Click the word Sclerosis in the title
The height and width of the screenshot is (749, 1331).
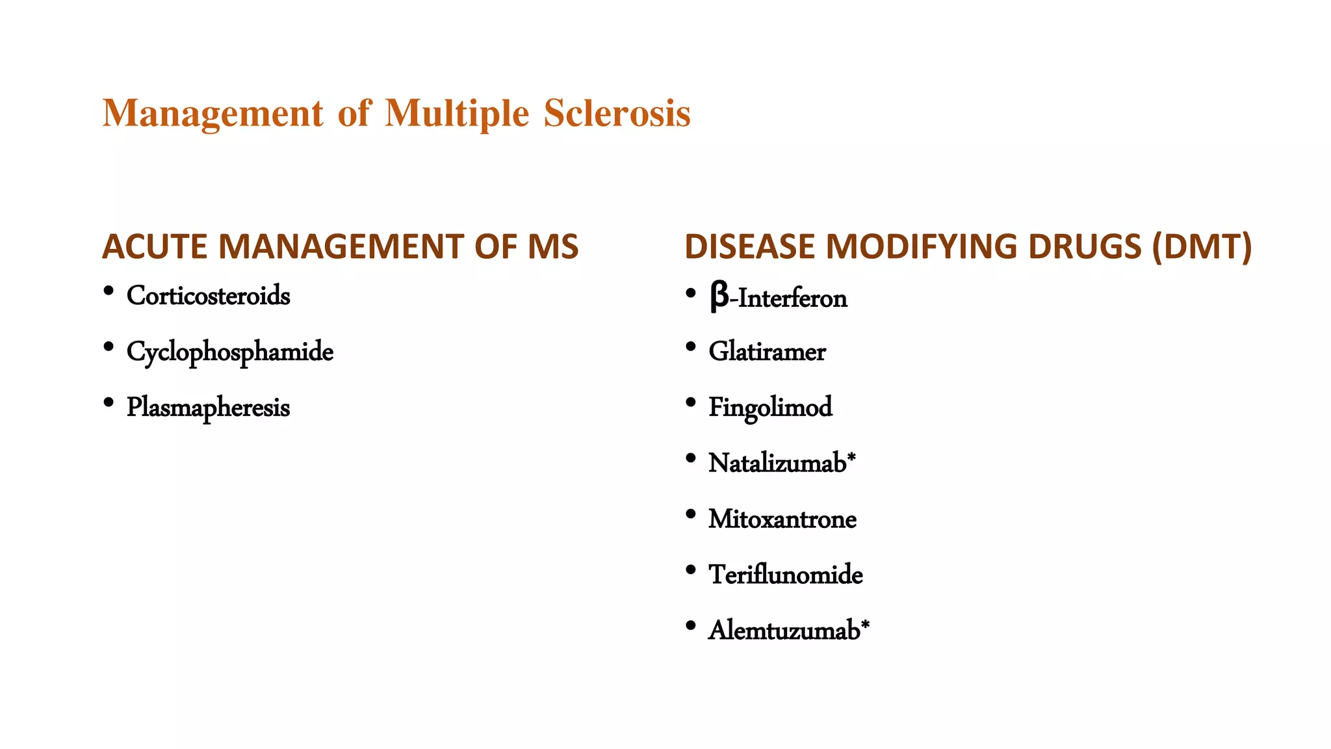click(617, 113)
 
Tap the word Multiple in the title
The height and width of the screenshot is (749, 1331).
click(457, 114)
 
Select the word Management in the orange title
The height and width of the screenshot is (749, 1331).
click(213, 114)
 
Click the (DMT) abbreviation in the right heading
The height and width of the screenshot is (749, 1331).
click(1202, 247)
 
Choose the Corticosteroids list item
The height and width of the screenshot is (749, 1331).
click(208, 296)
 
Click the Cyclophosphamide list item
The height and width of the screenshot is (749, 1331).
click(229, 352)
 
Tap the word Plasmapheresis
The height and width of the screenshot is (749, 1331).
click(208, 408)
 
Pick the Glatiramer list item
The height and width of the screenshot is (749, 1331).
click(767, 352)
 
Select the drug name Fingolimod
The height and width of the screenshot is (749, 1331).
click(770, 408)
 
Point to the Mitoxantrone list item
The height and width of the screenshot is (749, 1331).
click(782, 519)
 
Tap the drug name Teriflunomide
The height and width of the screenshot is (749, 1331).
click(786, 575)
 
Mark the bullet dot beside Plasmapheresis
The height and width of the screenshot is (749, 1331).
click(109, 403)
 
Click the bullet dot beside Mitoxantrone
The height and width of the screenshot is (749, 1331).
click(691, 514)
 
